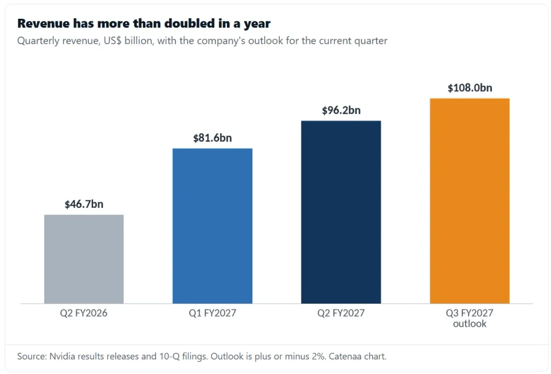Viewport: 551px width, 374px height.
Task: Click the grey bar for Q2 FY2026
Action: coord(83,259)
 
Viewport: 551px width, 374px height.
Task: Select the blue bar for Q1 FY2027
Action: coord(212,226)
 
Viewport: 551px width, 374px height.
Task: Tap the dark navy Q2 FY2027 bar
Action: coord(341,212)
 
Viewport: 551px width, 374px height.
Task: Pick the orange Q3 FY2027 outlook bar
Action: coord(469,200)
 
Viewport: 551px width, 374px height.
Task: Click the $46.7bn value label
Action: coord(84,204)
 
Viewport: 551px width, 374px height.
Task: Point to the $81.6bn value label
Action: coord(213,138)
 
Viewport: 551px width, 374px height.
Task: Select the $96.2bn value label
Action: coord(341,110)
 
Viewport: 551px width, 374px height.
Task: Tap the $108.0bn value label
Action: coord(470,88)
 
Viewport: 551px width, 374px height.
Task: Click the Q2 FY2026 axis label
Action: coord(83,313)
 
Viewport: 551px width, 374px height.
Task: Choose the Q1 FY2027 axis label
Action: coord(213,313)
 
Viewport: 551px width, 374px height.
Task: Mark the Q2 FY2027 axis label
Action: coord(341,313)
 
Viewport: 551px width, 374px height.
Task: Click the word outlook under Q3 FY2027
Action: coord(469,323)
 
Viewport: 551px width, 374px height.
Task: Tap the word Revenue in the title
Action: coord(43,24)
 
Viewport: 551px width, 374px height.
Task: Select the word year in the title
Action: coord(257,24)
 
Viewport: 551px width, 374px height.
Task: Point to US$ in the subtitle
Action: coord(112,41)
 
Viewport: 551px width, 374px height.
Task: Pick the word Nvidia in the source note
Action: coord(62,356)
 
